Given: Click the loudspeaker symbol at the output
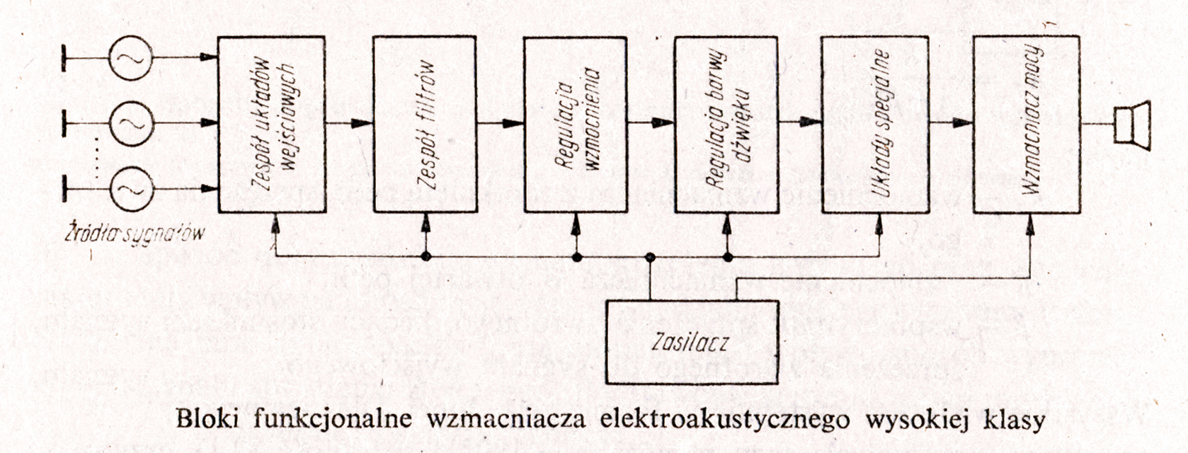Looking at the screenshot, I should coord(1131,125).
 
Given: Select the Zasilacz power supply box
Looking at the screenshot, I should coord(692,343).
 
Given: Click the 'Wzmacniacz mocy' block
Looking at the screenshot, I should coord(1026,125).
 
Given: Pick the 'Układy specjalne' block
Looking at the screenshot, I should coord(874,125).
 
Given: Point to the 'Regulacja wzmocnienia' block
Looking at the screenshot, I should coord(575,125).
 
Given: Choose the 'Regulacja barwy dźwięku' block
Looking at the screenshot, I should coord(726,125).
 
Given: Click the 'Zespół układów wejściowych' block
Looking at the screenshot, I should coord(273,125).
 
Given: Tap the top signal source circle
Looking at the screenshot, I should coord(130,57).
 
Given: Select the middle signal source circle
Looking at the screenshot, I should coord(130,124).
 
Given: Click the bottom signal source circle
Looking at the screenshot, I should coord(130,189).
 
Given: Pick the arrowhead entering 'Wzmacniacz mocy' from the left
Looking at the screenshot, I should coord(962,124).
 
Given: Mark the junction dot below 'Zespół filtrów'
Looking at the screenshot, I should coord(425,256).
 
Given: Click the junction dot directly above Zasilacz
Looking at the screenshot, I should coord(651,256).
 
